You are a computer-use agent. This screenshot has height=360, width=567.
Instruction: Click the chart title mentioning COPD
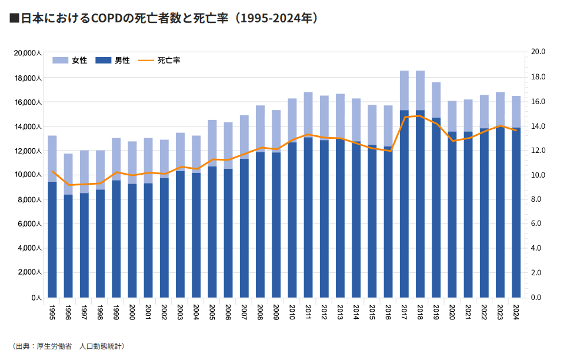[x=165, y=18]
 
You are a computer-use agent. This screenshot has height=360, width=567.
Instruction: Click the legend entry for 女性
[x=70, y=61]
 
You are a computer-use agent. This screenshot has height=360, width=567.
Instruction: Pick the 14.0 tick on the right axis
[x=538, y=126]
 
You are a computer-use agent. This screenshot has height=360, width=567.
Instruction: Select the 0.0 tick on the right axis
[x=538, y=298]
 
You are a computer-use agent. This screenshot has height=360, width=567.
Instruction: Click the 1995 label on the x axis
[x=52, y=309]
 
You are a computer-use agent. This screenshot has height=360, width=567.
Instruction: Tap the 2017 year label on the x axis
[x=405, y=309]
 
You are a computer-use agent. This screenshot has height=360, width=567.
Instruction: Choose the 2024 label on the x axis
[x=516, y=309]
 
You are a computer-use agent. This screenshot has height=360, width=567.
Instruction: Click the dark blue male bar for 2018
[x=421, y=206]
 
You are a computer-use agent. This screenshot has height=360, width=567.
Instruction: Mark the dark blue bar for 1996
[x=68, y=247]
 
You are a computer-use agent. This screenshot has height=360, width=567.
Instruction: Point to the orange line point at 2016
[x=388, y=151]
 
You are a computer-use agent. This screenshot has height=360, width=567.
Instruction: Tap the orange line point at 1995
[x=52, y=171]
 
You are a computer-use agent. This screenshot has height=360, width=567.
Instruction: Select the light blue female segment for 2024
[x=516, y=111]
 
